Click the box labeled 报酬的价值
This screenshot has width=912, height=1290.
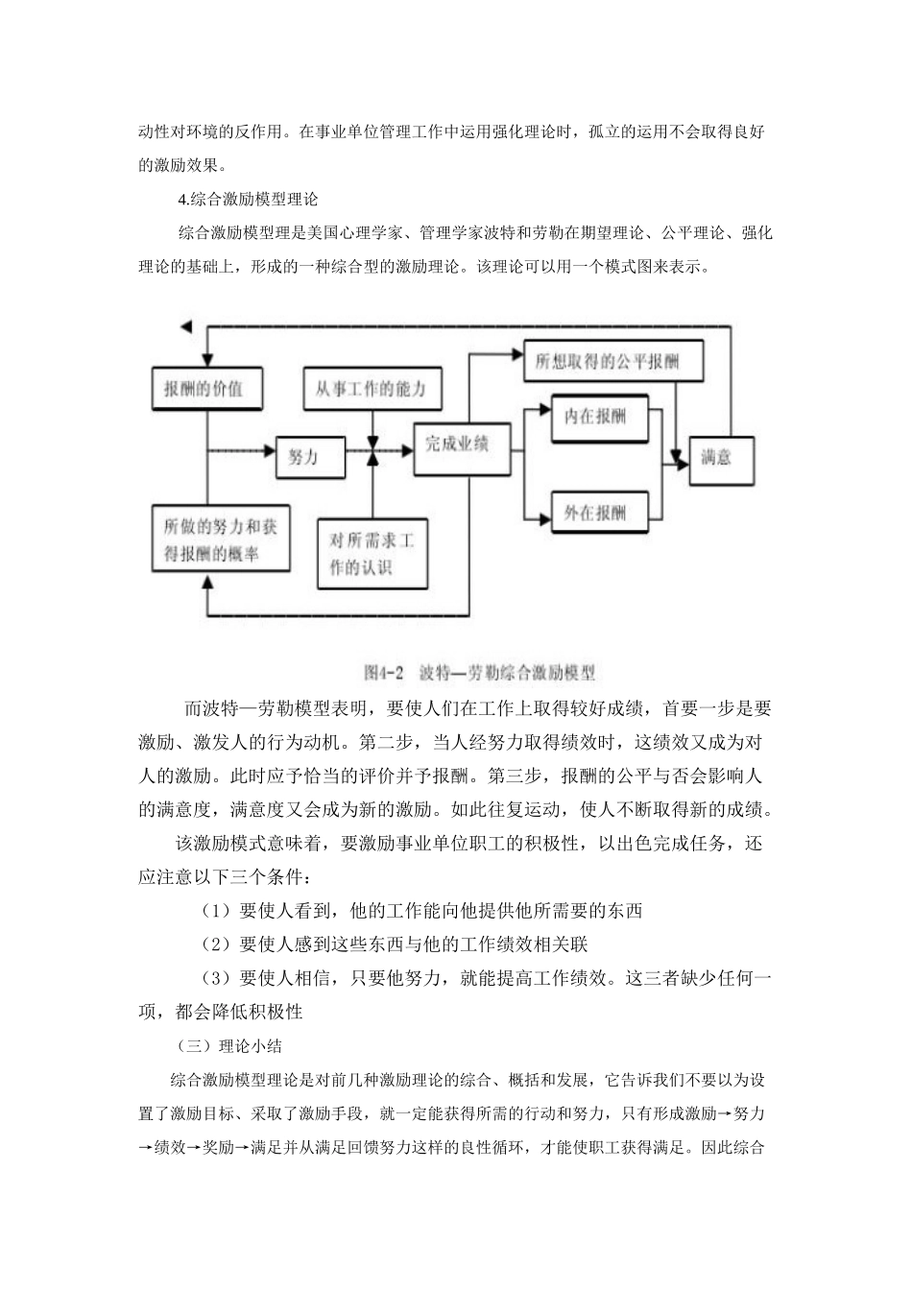(x=204, y=389)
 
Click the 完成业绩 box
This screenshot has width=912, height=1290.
(x=457, y=445)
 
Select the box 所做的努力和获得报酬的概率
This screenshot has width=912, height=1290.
(x=220, y=539)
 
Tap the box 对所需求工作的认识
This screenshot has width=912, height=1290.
(x=372, y=554)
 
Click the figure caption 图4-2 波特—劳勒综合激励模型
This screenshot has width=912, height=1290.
(x=480, y=673)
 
